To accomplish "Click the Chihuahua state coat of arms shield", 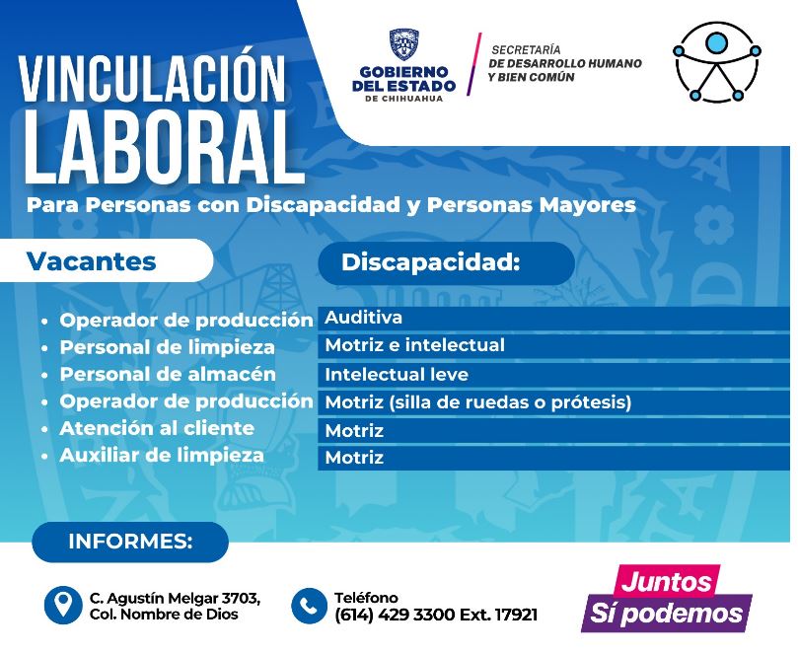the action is pyautogui.click(x=404, y=44).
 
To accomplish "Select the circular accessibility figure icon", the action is pyautogui.click(x=716, y=62).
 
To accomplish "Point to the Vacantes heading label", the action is pyautogui.click(x=92, y=261).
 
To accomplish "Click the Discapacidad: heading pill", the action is pyautogui.click(x=446, y=262).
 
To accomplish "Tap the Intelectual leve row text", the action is pyautogui.click(x=397, y=375).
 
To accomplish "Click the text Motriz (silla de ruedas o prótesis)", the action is pyautogui.click(x=477, y=402).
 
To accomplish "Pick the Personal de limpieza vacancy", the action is pyautogui.click(x=168, y=347).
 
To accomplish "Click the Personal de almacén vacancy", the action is pyautogui.click(x=168, y=375).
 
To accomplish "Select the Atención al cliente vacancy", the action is pyautogui.click(x=157, y=428).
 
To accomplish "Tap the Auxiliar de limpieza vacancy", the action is pyautogui.click(x=162, y=456).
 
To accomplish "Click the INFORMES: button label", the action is pyautogui.click(x=130, y=542).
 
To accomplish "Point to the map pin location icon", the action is pyautogui.click(x=62, y=605).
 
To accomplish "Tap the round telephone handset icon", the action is pyautogui.click(x=309, y=606).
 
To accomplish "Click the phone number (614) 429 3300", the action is pyautogui.click(x=395, y=615).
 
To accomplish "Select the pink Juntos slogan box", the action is pyautogui.click(x=666, y=580).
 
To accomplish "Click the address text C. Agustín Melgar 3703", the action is pyautogui.click(x=175, y=598).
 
